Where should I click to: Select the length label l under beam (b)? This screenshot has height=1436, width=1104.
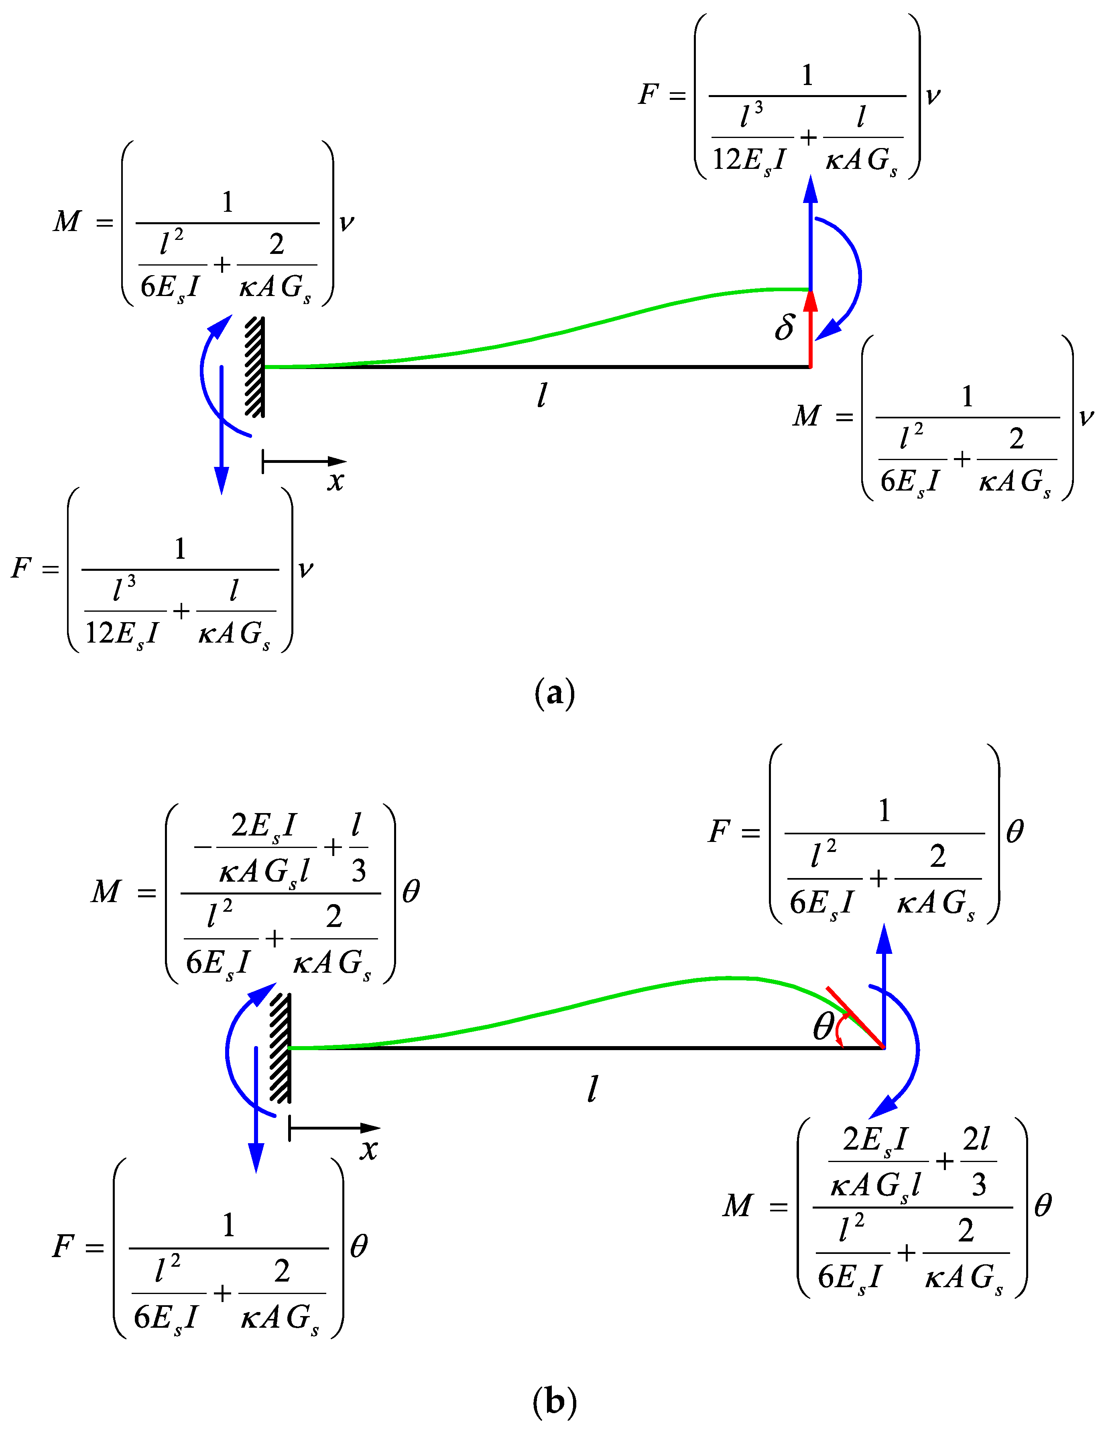(x=592, y=1089)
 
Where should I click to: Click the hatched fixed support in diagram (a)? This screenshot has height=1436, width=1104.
(x=255, y=367)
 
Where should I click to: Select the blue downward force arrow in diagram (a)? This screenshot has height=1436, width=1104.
(x=222, y=434)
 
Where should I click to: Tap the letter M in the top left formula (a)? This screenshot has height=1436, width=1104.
(x=67, y=222)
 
